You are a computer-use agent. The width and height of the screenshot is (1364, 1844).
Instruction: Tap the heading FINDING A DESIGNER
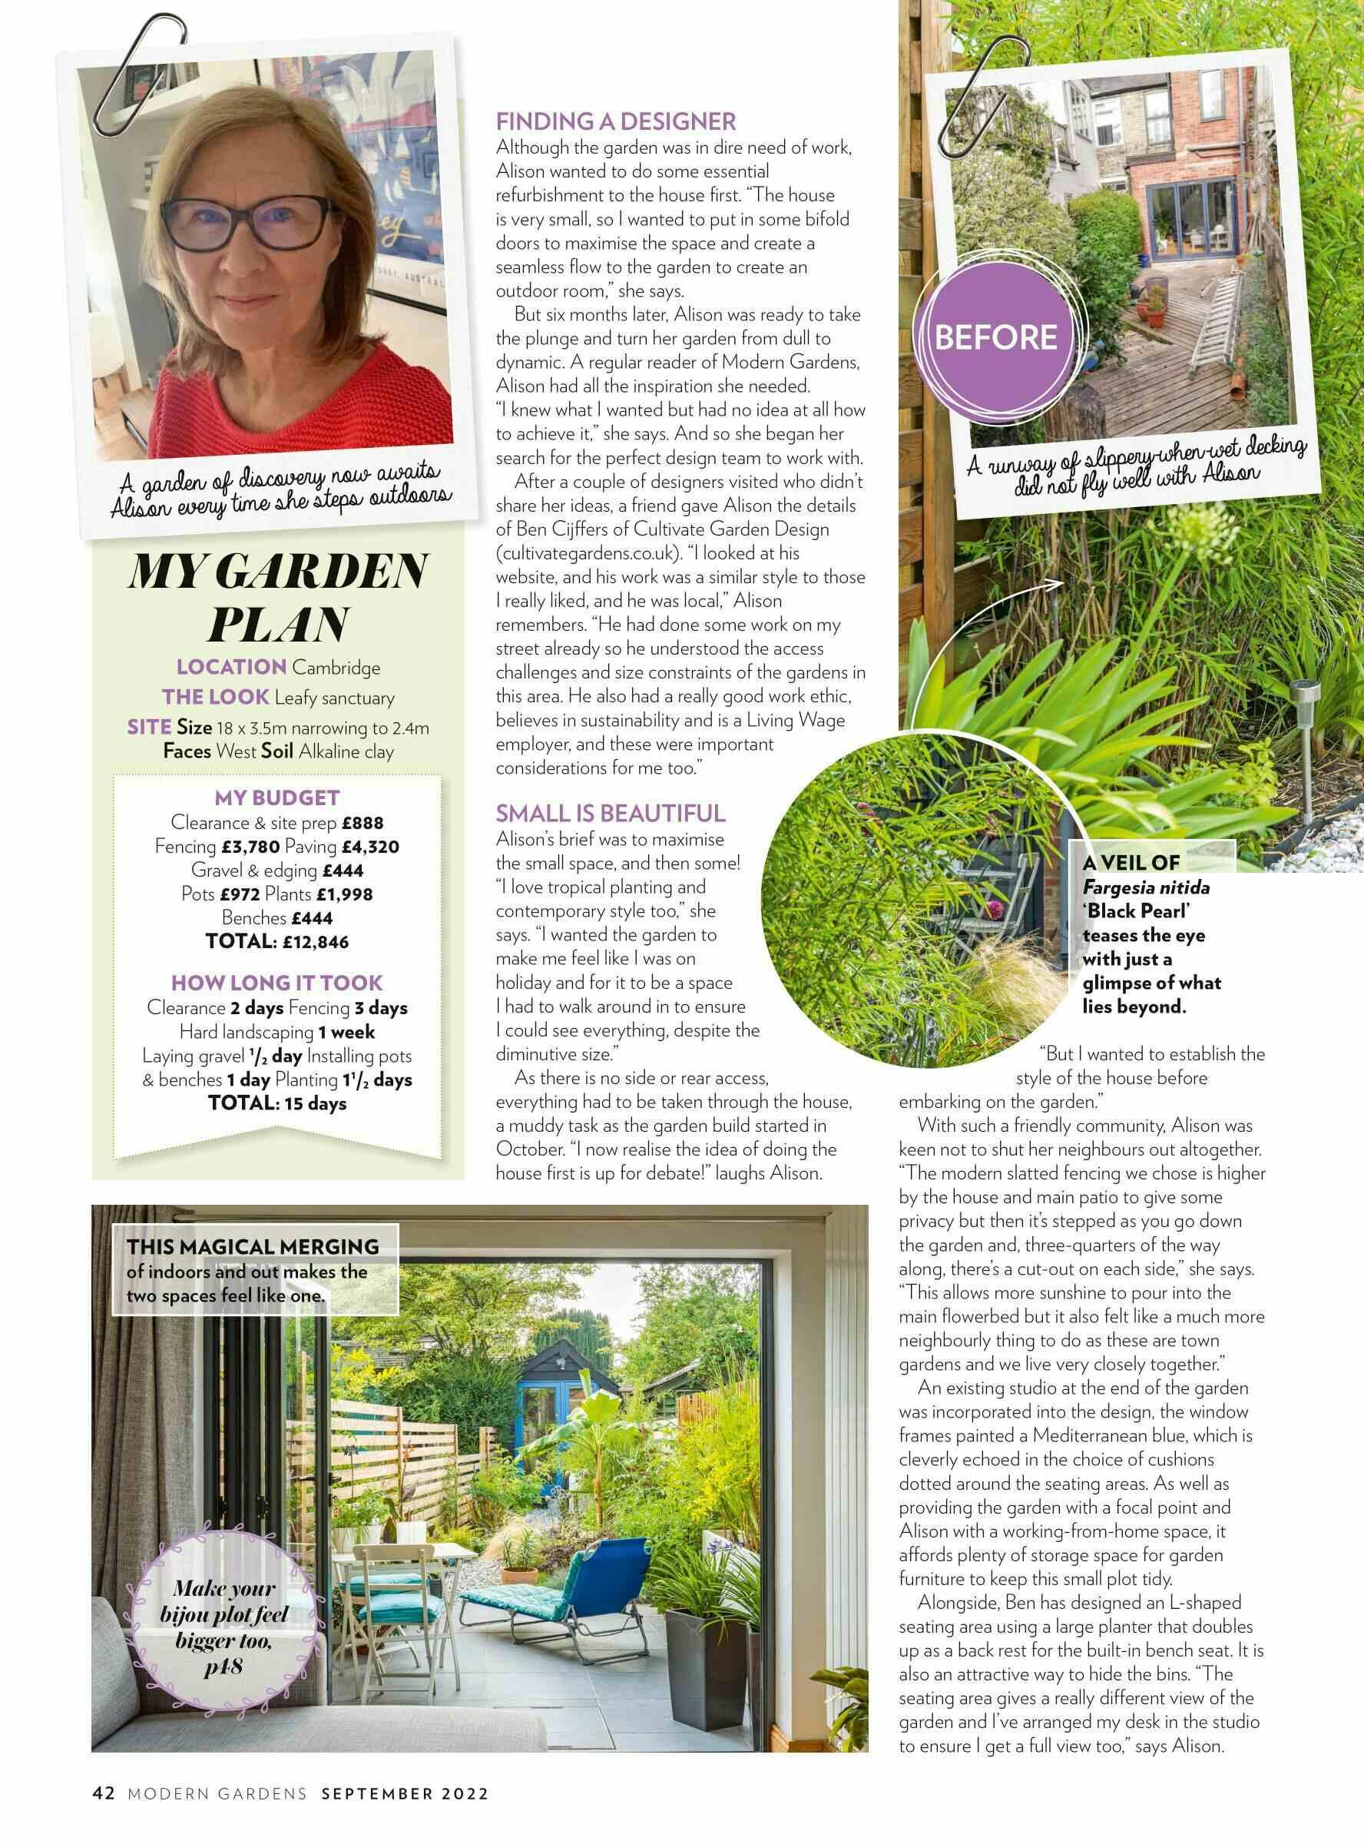[x=615, y=122]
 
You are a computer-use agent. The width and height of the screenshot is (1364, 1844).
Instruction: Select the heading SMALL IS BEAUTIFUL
[x=610, y=814]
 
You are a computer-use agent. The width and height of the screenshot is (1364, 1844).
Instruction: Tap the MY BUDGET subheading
[x=277, y=798]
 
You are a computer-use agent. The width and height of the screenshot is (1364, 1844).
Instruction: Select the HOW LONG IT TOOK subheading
[x=277, y=983]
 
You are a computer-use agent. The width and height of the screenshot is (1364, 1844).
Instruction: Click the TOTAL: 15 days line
[x=277, y=1103]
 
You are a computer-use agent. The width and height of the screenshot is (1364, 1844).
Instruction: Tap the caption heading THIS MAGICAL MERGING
[x=253, y=1246]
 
